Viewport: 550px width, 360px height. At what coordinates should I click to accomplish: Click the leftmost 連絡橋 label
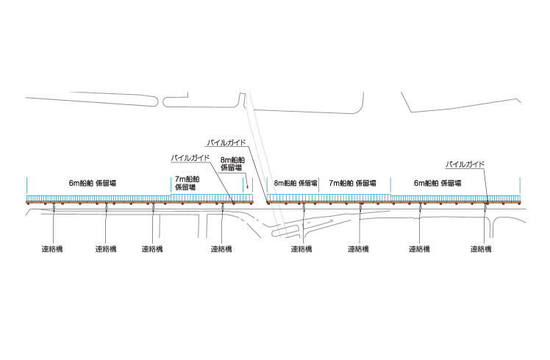tap(52, 249)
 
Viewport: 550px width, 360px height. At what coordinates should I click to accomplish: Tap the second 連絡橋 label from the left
tap(106, 249)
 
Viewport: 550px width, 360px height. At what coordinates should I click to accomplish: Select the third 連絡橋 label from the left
tap(152, 249)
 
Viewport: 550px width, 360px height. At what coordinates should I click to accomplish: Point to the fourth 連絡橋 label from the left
tap(221, 249)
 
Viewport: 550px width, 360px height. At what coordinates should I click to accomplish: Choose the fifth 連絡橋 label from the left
tap(301, 249)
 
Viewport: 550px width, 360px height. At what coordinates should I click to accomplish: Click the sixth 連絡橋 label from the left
tap(358, 249)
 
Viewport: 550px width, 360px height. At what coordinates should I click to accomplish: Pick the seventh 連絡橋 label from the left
tap(419, 249)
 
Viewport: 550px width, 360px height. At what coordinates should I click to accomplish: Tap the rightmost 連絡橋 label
tap(481, 249)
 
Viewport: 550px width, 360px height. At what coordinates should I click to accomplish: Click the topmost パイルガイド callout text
tap(226, 143)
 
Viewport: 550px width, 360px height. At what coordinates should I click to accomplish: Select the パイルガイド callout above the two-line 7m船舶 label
tap(190, 158)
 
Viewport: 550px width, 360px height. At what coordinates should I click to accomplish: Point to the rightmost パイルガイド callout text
tap(465, 164)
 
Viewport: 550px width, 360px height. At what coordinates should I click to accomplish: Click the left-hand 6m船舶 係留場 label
tap(92, 183)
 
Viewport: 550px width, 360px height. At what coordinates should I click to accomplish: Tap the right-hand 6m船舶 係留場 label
tap(438, 183)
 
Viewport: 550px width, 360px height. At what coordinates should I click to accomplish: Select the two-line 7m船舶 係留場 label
tap(187, 184)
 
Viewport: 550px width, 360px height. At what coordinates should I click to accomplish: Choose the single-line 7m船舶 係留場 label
tap(352, 183)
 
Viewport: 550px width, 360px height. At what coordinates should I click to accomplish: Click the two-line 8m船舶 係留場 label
tap(232, 164)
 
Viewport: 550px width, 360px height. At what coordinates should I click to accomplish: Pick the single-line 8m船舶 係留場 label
tap(296, 183)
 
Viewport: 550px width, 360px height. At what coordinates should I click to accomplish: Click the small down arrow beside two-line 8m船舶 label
tap(247, 181)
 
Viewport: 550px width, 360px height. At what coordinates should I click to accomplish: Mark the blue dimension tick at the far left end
tap(26, 185)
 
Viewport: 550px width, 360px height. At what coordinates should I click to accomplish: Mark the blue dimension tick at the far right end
tap(520, 185)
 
